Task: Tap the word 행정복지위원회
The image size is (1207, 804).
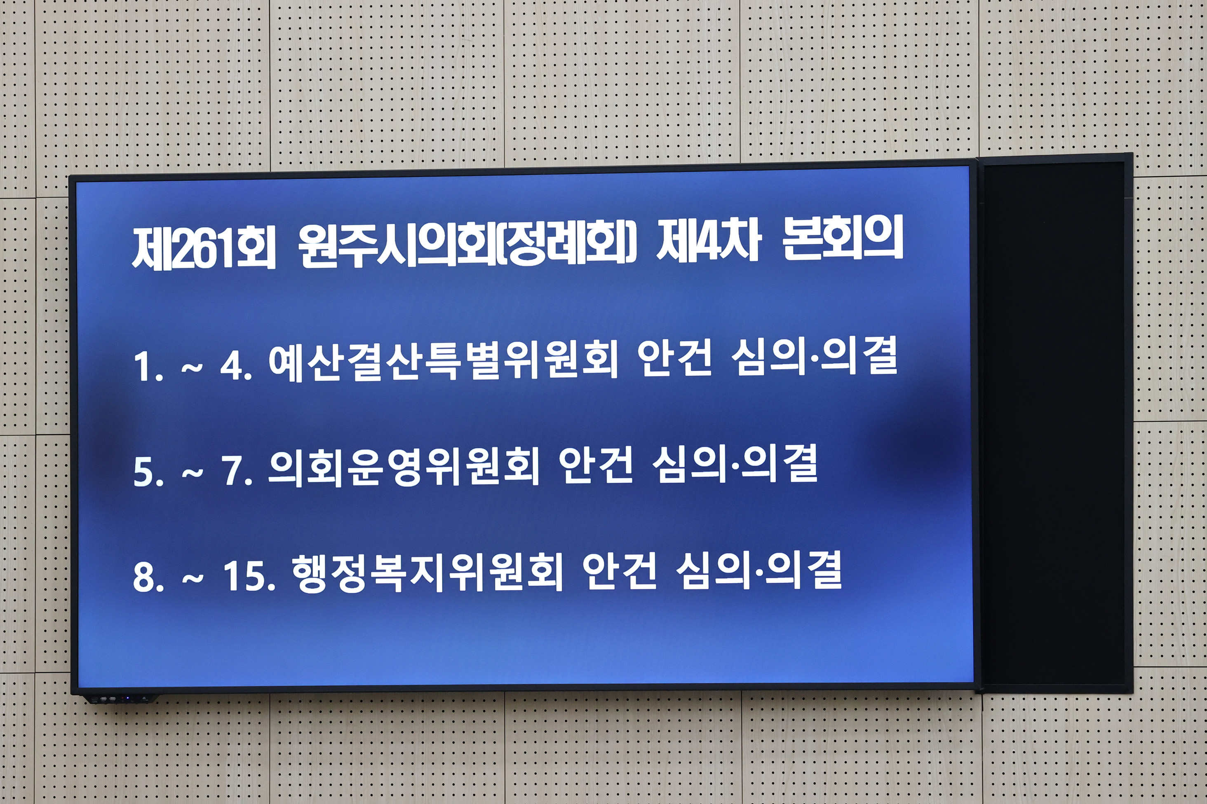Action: click(x=427, y=573)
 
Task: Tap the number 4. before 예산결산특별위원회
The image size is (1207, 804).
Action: click(x=236, y=366)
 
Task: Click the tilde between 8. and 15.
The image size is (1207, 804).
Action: click(x=193, y=578)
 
